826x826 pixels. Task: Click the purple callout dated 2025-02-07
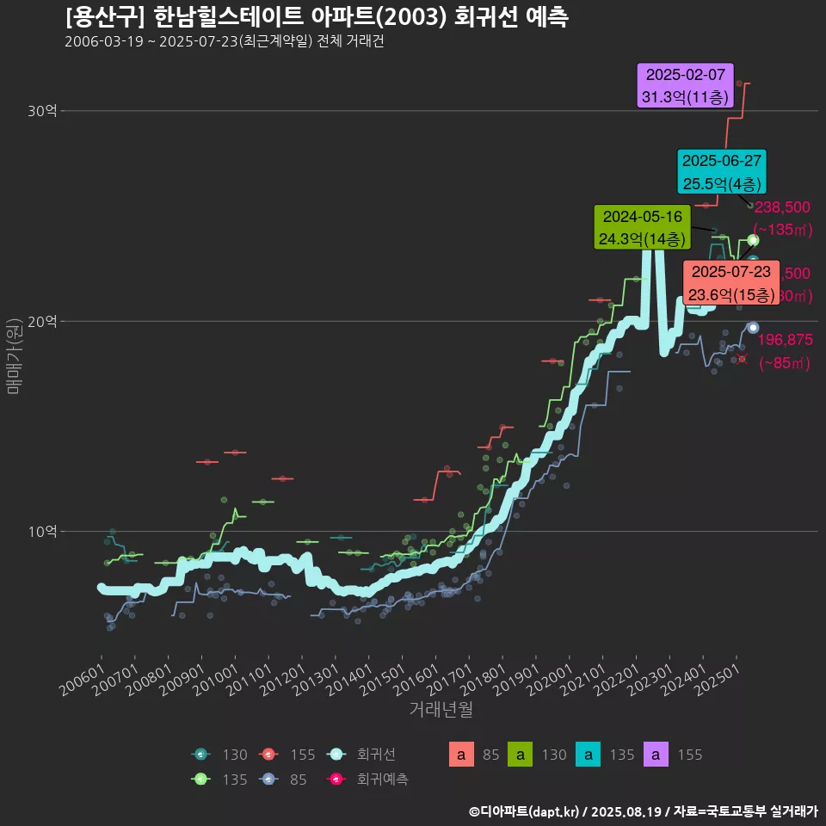pyautogui.click(x=685, y=85)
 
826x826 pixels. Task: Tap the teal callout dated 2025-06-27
pyautogui.click(x=721, y=172)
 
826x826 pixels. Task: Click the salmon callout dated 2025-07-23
pyautogui.click(x=730, y=283)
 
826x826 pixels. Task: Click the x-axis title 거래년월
pyautogui.click(x=441, y=709)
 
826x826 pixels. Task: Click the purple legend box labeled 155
pyautogui.click(x=656, y=755)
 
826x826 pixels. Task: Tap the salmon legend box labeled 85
pyautogui.click(x=462, y=755)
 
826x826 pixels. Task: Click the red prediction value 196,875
pyautogui.click(x=784, y=340)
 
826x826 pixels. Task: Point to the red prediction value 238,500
pyautogui.click(x=782, y=207)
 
